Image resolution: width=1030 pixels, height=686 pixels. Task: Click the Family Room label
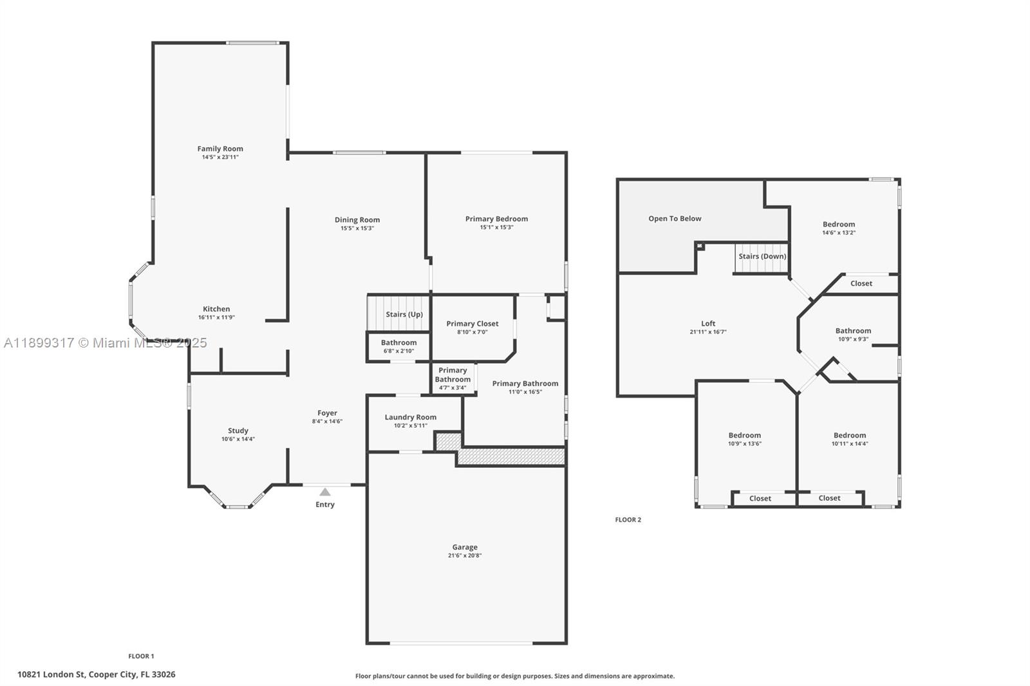(x=220, y=149)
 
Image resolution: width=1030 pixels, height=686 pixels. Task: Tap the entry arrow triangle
(x=325, y=492)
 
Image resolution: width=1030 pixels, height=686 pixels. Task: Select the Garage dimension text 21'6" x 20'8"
(x=465, y=555)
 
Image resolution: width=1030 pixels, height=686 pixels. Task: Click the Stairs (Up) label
(x=404, y=314)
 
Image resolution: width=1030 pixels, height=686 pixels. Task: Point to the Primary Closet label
(x=473, y=324)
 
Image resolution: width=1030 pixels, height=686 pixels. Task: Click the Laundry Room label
(x=411, y=417)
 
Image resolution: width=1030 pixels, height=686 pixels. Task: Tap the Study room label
(x=238, y=431)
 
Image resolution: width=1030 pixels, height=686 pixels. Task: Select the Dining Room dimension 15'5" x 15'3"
(x=357, y=228)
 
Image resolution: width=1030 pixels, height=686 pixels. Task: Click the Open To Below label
(x=675, y=218)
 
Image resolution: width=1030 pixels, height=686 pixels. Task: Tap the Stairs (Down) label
(x=762, y=256)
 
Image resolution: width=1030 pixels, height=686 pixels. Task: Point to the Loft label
(x=708, y=324)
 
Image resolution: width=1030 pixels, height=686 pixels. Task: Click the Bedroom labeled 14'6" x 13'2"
(x=839, y=225)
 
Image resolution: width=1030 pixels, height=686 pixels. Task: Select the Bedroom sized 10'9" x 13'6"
(x=745, y=435)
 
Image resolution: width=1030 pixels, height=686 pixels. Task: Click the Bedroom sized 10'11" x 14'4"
(x=850, y=435)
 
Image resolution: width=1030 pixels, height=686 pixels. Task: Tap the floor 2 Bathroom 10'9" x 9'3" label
(x=853, y=331)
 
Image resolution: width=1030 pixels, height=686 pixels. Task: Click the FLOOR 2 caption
(x=628, y=519)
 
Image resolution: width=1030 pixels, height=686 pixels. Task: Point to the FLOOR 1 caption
(x=142, y=656)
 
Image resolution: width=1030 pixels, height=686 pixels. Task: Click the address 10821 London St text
(x=97, y=674)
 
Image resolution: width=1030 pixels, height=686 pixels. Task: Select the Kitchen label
(x=216, y=309)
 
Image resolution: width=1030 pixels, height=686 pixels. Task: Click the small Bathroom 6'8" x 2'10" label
(x=398, y=342)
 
